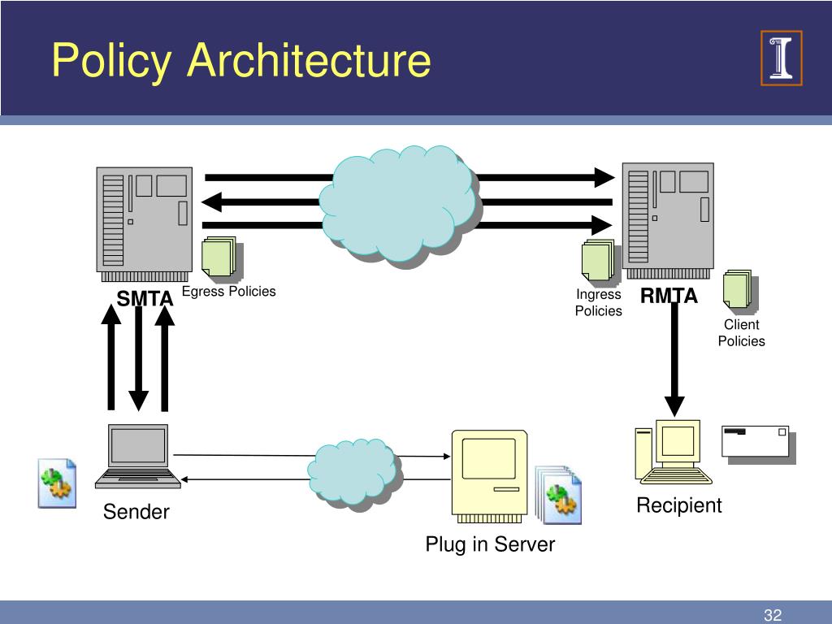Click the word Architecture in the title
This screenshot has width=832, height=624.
pos(309,59)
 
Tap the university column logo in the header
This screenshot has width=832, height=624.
pos(781,58)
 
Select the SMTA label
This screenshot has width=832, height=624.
pos(145,298)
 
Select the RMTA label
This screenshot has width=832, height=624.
pos(669,296)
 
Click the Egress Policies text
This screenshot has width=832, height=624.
pos(228,292)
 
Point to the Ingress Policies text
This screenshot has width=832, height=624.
pos(599,302)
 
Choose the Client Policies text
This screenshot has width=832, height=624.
pos(741,332)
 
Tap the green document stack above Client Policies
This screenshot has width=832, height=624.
pos(739,291)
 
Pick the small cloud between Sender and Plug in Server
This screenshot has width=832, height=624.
pos(354,472)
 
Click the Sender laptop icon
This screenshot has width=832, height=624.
pos(138,457)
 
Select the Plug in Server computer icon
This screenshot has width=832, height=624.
pos(489,476)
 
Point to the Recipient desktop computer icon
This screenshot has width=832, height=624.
pos(674,452)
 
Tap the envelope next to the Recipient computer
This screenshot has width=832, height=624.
pos(758,444)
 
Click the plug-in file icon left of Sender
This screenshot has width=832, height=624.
pos(58,483)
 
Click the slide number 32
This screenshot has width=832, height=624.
pos(773,614)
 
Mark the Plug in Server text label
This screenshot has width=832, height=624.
pos(490,544)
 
